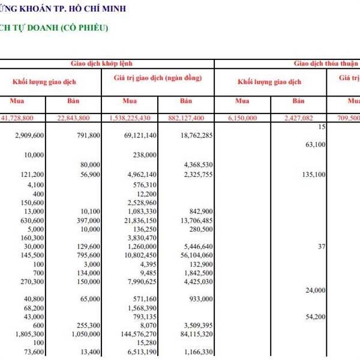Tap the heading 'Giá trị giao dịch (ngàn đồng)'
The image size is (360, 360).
click(x=157, y=79)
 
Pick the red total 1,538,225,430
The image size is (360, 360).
click(x=130, y=118)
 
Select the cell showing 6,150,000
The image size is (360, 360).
click(x=242, y=118)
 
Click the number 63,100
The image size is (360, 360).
click(x=315, y=145)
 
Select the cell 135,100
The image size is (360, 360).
click(x=313, y=174)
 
